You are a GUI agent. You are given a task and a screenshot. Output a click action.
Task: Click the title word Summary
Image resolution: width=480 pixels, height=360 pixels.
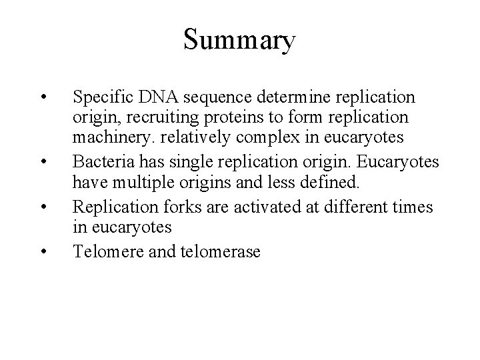pos(239,41)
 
